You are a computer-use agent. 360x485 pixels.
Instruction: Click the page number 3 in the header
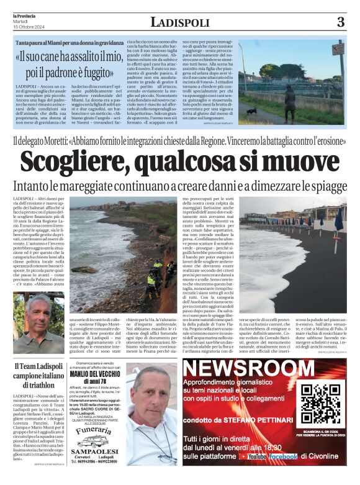point(340,23)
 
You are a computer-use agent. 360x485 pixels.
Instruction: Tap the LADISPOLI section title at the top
point(179,22)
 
